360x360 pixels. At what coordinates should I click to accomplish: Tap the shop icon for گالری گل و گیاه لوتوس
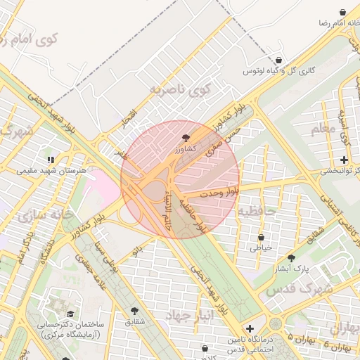tap(281, 60)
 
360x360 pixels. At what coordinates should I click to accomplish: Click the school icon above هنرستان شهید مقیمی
tap(50, 159)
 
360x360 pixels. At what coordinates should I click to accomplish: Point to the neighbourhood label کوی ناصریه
tap(180, 89)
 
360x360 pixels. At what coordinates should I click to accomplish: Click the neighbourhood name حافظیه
tap(259, 210)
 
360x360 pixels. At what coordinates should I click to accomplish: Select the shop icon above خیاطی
tap(261, 238)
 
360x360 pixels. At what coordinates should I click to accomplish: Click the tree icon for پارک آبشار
tap(291, 258)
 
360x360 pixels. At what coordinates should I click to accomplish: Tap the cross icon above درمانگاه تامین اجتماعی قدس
tap(250, 328)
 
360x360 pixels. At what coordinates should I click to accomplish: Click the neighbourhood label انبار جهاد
tap(190, 316)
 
